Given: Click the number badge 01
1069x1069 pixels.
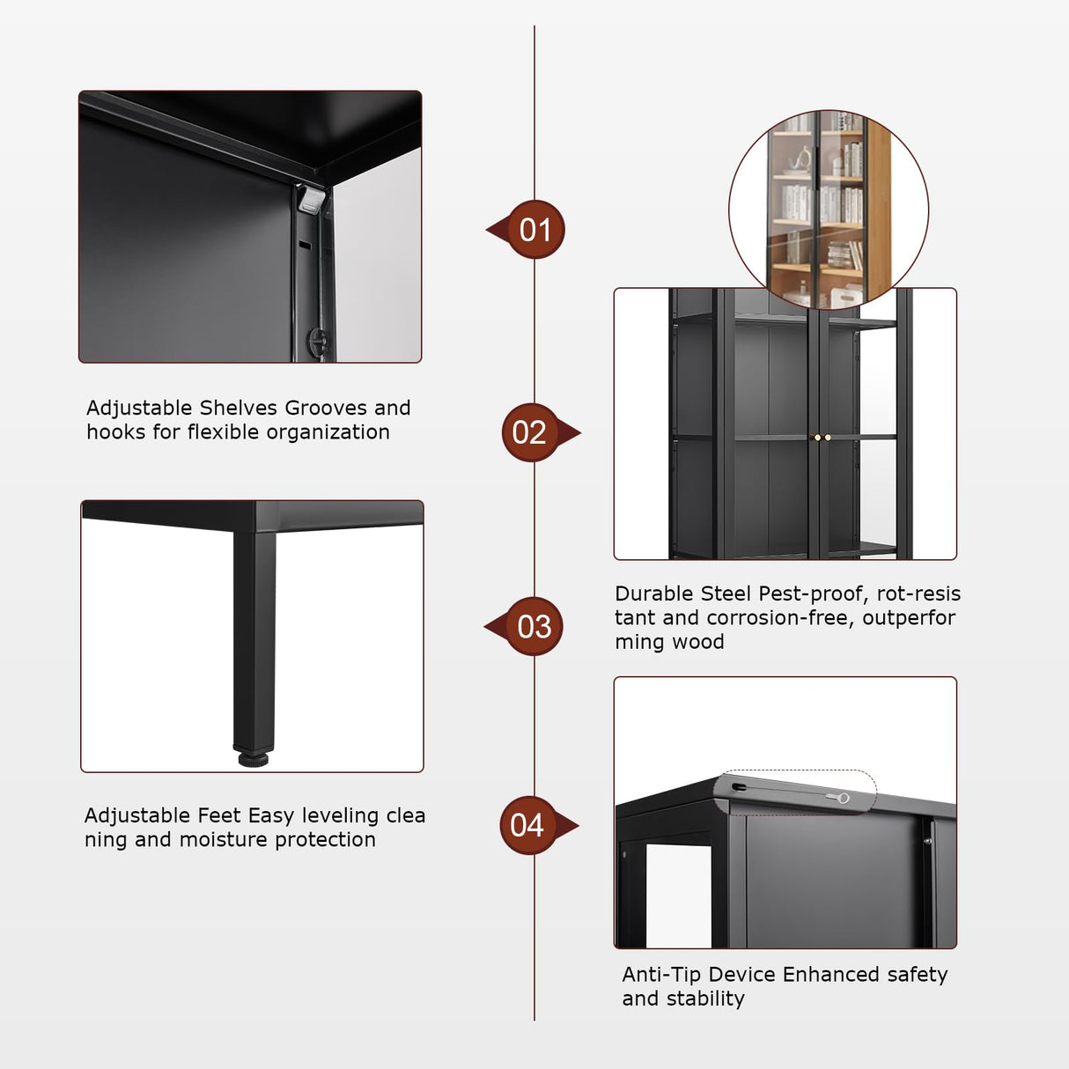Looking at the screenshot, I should point(534,230).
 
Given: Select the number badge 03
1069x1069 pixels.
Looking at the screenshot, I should point(534,627).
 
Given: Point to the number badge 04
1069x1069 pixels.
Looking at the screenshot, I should point(528,826).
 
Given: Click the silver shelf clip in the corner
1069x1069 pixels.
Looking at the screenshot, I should point(310,200).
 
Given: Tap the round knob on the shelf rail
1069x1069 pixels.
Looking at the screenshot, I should point(316,339).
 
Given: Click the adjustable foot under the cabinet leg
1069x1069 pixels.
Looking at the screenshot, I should point(253,757).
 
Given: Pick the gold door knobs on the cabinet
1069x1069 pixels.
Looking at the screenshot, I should point(822,437).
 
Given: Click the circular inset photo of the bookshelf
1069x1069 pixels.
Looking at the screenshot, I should point(828,210).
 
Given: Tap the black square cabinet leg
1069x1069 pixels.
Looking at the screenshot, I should point(254,634).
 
